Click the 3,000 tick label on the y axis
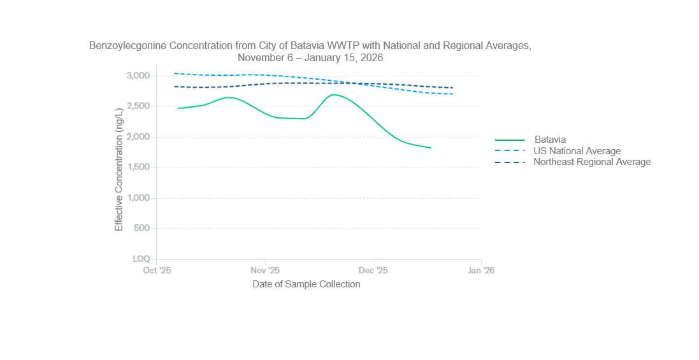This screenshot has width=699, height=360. (x=138, y=76)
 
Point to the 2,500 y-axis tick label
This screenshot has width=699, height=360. (x=138, y=106)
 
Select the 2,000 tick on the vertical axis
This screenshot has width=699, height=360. (x=138, y=137)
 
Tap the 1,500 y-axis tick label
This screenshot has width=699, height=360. (x=138, y=168)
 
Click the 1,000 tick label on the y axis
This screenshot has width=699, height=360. (x=138, y=198)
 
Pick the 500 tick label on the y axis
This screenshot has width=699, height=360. (x=142, y=228)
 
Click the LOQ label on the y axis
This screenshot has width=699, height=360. (x=141, y=259)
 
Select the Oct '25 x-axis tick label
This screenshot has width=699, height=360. (x=157, y=270)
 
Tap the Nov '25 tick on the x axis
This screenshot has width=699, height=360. (x=265, y=270)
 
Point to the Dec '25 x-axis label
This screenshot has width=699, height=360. (x=373, y=270)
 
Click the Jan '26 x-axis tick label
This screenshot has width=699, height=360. (x=481, y=270)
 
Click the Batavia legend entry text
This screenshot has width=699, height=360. (x=550, y=140)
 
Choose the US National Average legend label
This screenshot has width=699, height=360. (x=577, y=151)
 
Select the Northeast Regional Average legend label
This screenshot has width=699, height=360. (x=592, y=162)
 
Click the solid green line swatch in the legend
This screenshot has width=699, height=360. (x=510, y=140)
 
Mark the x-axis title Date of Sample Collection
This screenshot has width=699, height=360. (x=306, y=284)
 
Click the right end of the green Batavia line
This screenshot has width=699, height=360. (x=431, y=148)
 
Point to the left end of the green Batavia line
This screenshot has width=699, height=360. (x=178, y=108)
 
